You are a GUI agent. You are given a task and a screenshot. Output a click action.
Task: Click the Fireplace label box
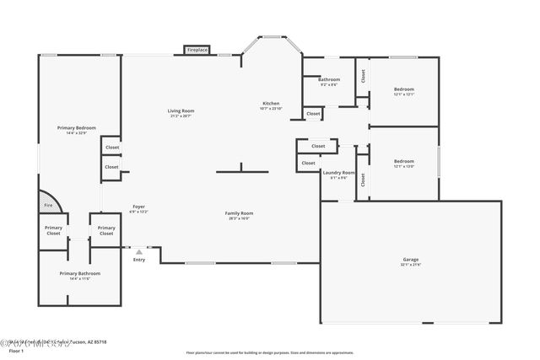[x=197, y=51]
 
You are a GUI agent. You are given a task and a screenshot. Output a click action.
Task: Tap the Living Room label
[x=181, y=111]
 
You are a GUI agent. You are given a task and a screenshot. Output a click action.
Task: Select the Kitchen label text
[x=270, y=104]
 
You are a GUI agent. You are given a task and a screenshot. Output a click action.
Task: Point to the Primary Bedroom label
[x=76, y=128]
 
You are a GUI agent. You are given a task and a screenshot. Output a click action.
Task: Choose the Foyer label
[x=138, y=207]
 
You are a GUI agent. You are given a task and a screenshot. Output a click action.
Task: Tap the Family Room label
[x=239, y=213]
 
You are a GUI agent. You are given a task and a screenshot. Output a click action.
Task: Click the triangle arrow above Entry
[x=139, y=251]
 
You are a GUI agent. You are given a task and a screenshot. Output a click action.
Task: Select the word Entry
[x=139, y=260]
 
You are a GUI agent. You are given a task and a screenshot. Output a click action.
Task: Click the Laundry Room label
[x=338, y=173]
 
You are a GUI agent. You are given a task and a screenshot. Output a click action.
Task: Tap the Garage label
[x=411, y=260]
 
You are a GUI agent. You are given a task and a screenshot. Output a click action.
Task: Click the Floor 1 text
[x=16, y=350]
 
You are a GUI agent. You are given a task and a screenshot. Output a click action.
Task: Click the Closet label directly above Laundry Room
[x=317, y=146]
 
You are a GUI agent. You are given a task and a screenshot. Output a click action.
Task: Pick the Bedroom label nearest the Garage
[x=403, y=161]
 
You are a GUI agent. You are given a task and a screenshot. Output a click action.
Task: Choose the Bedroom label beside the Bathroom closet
[x=403, y=89]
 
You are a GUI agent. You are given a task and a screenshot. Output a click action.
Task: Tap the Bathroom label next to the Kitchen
[x=329, y=80]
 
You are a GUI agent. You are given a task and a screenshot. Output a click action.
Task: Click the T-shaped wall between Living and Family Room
[x=242, y=170]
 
